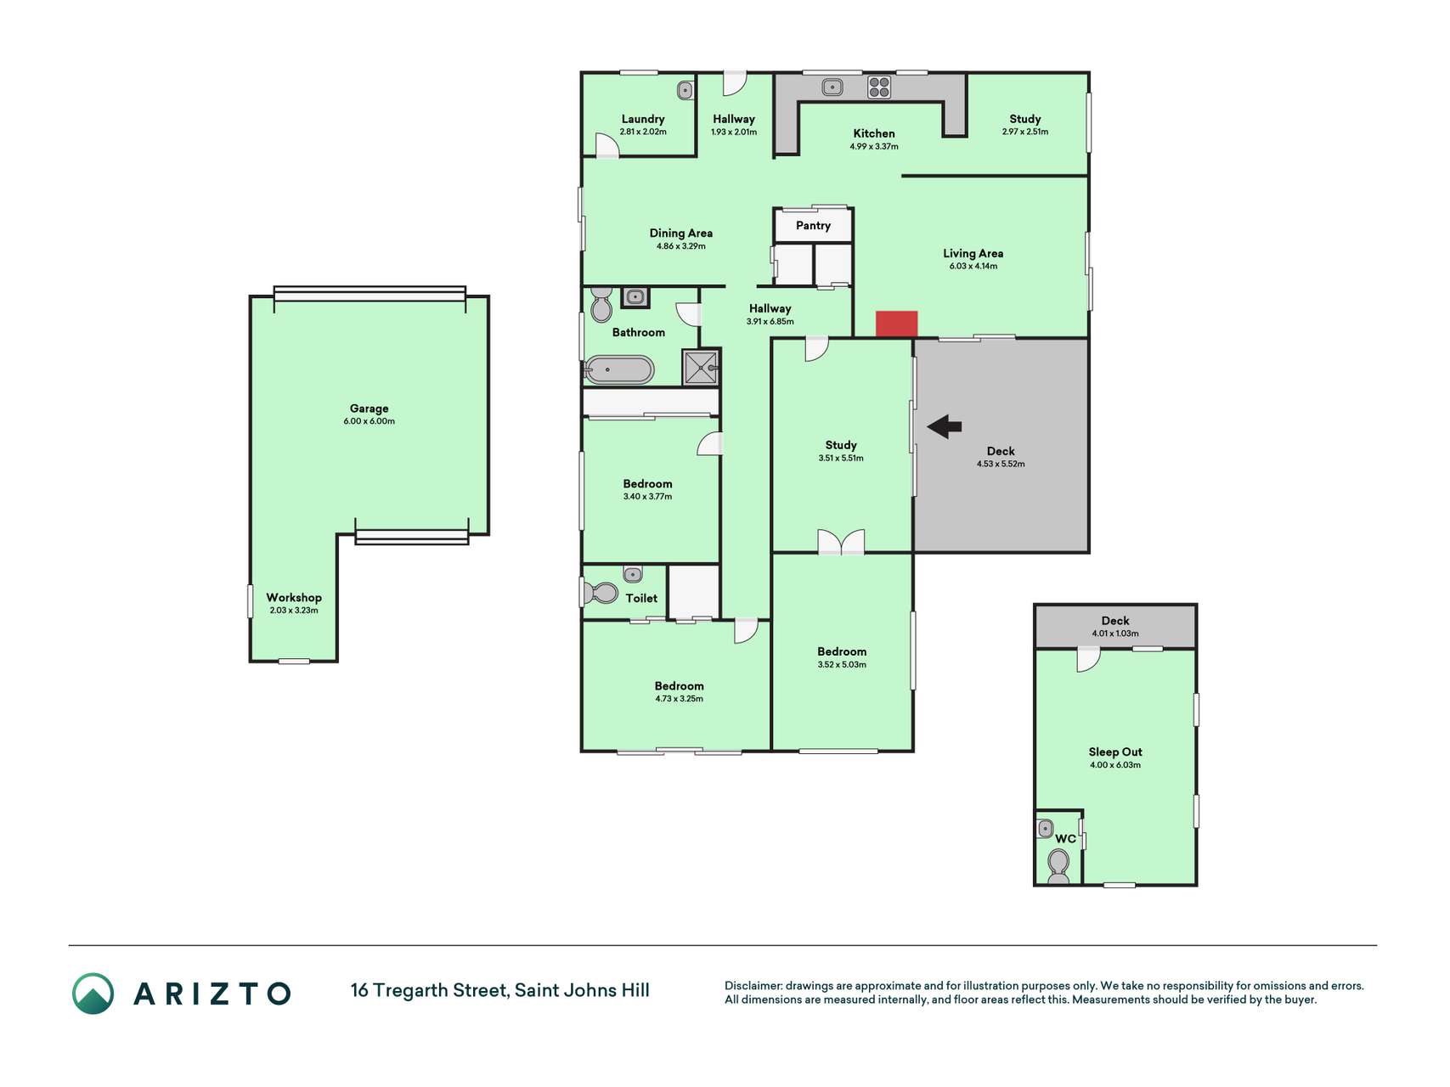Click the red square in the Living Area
(897, 324)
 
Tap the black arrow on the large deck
(944, 427)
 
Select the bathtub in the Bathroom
(619, 370)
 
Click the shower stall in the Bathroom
(701, 367)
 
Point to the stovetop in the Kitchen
(879, 87)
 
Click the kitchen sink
(832, 86)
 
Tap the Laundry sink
(686, 90)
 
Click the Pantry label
(813, 225)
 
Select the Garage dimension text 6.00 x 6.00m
(370, 421)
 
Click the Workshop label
(294, 597)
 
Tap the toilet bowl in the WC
(1058, 864)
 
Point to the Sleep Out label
(1115, 752)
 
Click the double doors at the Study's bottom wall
(841, 542)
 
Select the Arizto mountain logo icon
(93, 994)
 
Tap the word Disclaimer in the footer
(753, 986)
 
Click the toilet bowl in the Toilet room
(601, 592)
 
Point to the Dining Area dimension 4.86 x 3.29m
(681, 246)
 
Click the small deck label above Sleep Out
(1115, 621)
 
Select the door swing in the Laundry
(607, 145)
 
